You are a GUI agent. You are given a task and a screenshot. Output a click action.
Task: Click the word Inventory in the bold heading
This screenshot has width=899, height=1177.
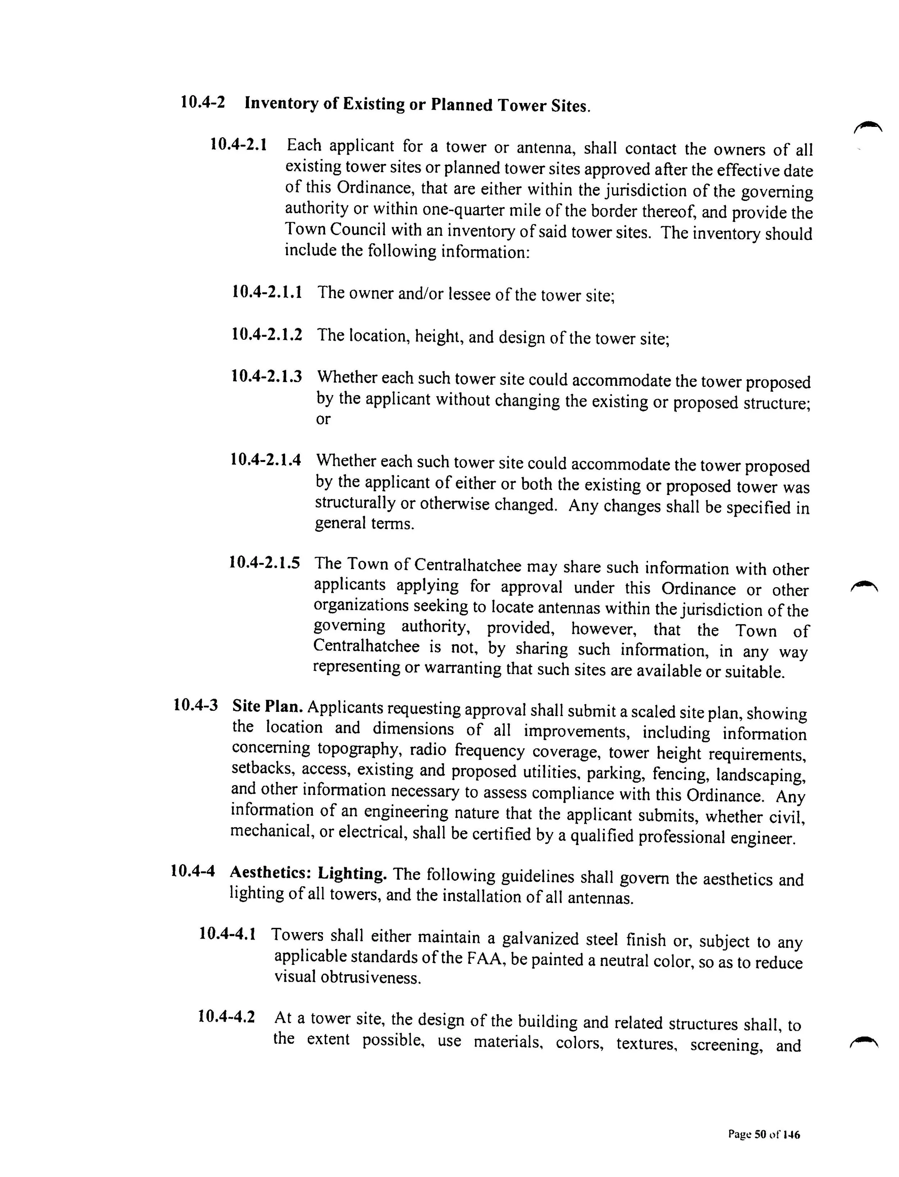click(281, 103)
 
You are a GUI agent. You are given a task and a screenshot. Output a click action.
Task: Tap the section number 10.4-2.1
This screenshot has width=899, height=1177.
click(239, 145)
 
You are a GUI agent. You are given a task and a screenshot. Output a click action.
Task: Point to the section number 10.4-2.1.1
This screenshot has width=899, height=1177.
click(266, 292)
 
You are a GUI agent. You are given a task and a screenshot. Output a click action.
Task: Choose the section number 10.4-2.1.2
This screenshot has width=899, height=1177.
click(266, 335)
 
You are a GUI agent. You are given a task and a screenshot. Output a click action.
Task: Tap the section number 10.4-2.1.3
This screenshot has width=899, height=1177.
click(266, 376)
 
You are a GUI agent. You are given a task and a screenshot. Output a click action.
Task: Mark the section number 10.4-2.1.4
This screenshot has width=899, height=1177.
click(265, 459)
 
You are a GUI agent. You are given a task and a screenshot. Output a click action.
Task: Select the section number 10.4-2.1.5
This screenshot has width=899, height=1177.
click(264, 562)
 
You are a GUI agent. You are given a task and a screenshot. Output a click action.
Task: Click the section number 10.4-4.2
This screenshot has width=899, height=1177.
click(226, 1016)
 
